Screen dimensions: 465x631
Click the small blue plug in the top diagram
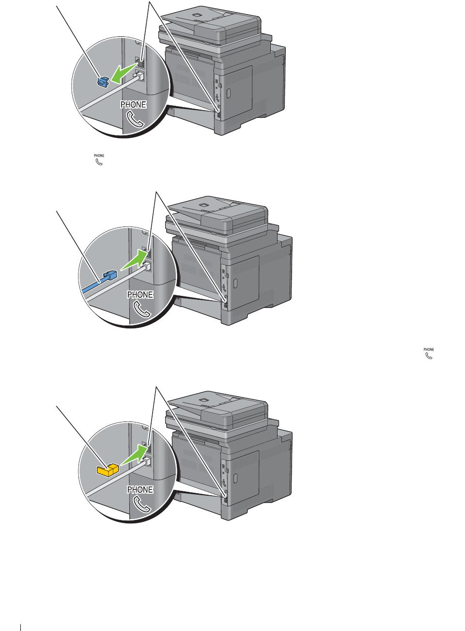(x=103, y=82)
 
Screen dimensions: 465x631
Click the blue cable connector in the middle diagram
(x=110, y=275)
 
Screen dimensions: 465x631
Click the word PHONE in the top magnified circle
(x=133, y=105)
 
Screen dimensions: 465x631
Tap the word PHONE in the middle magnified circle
(x=140, y=294)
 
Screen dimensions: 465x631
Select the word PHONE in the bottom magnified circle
(x=140, y=489)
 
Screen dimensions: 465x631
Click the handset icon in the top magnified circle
(x=135, y=119)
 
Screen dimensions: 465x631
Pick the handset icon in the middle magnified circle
(x=142, y=309)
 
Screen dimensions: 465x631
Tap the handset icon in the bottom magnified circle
(x=142, y=504)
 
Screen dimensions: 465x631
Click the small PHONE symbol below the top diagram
(x=99, y=160)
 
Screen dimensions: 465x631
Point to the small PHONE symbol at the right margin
(x=429, y=354)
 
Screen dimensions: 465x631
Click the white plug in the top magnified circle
(x=139, y=76)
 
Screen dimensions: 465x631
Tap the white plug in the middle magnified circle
(x=146, y=266)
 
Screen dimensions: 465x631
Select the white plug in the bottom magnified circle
(x=146, y=461)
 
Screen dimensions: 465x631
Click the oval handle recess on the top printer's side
(x=229, y=93)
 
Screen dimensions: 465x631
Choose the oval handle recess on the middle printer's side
(x=235, y=283)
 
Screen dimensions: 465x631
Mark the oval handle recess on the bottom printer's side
(x=235, y=478)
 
